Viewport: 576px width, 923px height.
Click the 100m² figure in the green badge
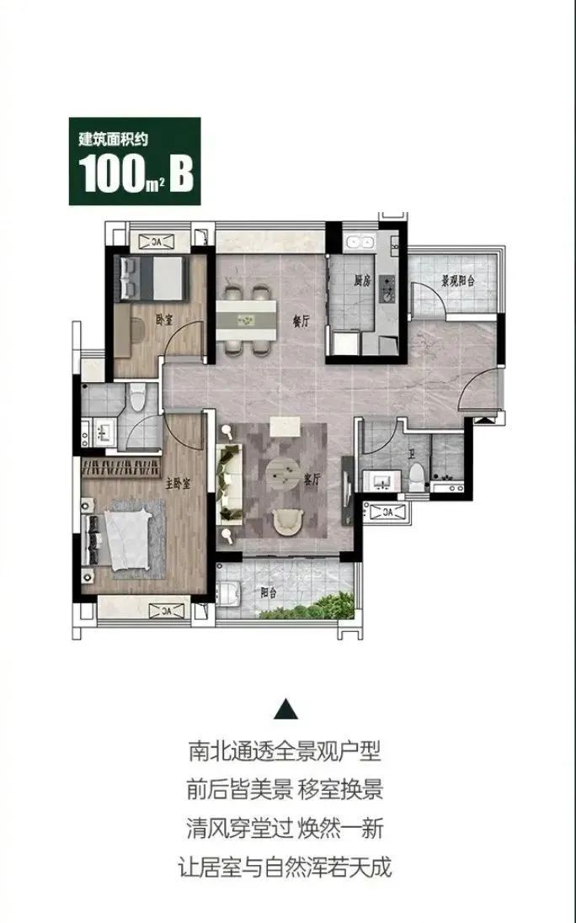point(120,174)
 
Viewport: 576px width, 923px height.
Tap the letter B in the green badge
point(181,173)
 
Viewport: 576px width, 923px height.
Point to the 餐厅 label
point(301,322)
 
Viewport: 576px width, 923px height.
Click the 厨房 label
point(363,281)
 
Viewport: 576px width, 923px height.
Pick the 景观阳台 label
point(458,281)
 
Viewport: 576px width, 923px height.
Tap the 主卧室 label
point(179,484)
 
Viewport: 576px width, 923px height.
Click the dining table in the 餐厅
point(246,321)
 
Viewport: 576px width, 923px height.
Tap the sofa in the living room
point(229,483)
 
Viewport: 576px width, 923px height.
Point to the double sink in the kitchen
point(360,242)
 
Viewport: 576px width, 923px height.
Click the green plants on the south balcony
point(309,607)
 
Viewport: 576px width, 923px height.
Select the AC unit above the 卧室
point(156,241)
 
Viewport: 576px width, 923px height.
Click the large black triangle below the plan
point(286,709)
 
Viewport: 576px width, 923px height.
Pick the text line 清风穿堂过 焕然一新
point(285,829)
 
